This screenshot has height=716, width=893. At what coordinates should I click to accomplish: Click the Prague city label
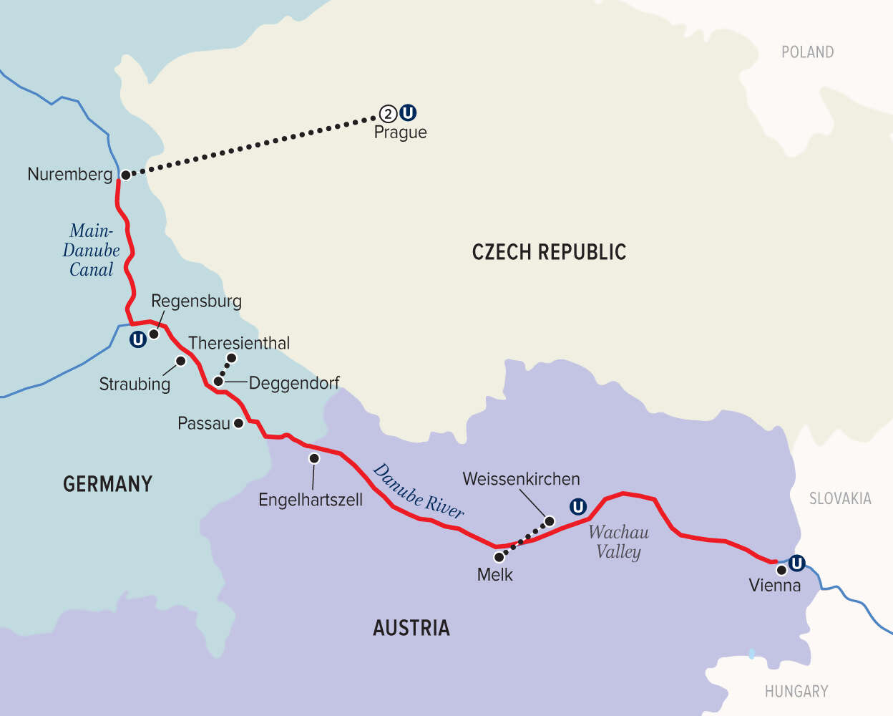pos(400,132)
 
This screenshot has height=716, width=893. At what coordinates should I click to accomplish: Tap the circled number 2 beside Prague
pos(387,113)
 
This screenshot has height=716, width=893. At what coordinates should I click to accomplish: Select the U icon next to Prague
pos(408,112)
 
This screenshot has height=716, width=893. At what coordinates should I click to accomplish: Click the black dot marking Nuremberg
pos(125,175)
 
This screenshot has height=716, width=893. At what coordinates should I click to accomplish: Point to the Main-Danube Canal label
pos(91,251)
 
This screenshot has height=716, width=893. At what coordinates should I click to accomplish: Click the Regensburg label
pos(196,301)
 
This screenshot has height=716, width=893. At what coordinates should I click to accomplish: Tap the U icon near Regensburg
pos(137,339)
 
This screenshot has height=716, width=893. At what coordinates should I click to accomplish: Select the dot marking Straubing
pos(181,361)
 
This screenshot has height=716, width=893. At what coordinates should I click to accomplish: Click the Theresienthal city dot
pos(231,357)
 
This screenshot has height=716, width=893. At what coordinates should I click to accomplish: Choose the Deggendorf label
pos(294,383)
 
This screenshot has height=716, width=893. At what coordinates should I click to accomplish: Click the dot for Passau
pos(238,423)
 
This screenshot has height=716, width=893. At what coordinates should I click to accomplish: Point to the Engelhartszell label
pos(311,500)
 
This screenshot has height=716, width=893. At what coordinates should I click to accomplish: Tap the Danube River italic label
pos(419,491)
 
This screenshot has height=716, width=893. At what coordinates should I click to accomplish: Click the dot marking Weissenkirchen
pos(550,521)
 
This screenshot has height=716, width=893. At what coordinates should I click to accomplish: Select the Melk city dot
pos(499,556)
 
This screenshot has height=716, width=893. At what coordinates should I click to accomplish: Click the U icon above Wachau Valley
pos(577,507)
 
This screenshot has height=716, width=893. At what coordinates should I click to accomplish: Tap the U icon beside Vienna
pos(796,563)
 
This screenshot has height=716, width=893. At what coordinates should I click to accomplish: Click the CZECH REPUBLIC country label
pos(549,252)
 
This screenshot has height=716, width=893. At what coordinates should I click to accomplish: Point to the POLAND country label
pos(807,52)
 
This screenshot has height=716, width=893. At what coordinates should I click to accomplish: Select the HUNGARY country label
pos(796,692)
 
